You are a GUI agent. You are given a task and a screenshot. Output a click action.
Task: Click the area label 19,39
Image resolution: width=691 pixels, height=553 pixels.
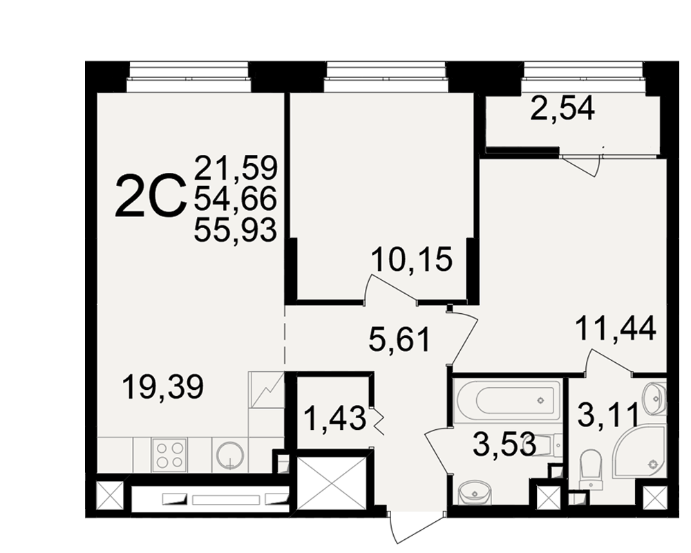click(163, 387)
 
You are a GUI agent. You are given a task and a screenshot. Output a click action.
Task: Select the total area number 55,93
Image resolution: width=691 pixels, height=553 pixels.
click(236, 229)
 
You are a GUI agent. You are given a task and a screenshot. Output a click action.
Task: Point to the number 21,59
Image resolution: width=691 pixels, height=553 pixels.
click(236, 167)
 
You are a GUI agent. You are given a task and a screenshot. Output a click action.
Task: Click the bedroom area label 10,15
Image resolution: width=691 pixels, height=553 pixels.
click(412, 259)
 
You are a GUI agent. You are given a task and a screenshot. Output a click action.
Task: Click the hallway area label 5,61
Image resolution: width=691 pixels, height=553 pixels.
click(399, 339)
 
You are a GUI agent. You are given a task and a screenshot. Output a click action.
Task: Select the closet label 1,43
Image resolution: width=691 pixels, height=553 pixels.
click(335, 418)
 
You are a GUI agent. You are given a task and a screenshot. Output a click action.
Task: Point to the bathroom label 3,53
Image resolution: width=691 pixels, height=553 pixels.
click(504, 444)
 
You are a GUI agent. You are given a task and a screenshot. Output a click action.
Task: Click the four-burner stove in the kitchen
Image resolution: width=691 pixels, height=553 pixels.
click(170, 455)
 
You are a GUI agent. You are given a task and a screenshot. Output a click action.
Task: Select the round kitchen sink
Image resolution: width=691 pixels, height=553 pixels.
click(229, 455)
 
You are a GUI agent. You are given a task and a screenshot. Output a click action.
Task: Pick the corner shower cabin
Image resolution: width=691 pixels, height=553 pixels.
click(641, 452)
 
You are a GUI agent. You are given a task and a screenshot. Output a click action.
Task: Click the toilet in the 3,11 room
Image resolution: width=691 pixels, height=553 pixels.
click(591, 469)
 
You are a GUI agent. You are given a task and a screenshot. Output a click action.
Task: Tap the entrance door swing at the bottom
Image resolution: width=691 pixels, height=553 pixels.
click(417, 527)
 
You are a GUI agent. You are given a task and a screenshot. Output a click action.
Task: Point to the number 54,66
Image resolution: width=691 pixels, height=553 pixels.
click(236, 199)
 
